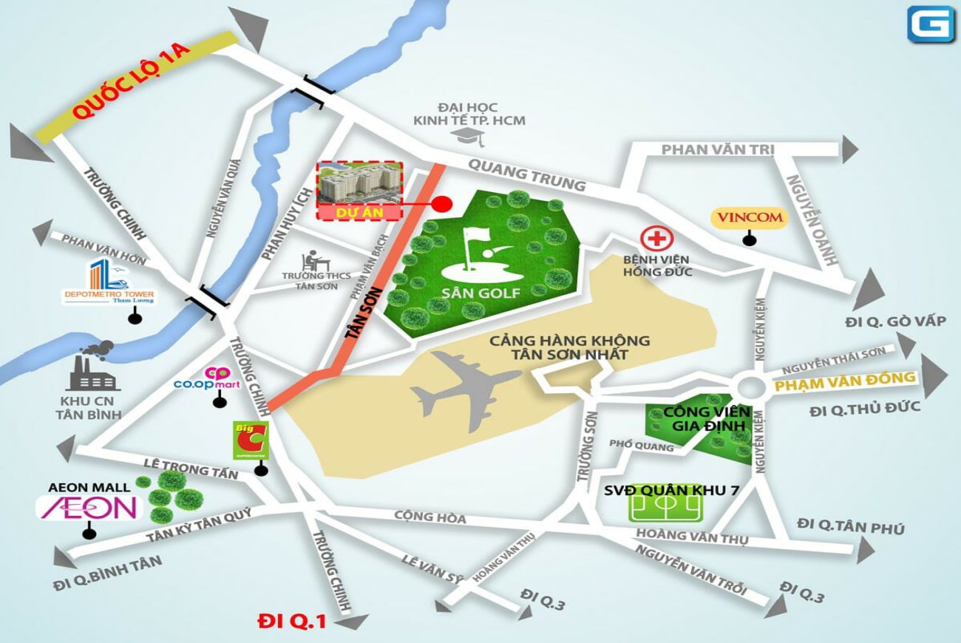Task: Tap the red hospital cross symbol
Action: (653, 239)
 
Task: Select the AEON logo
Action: (88, 507)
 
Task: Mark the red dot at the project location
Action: (441, 204)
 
